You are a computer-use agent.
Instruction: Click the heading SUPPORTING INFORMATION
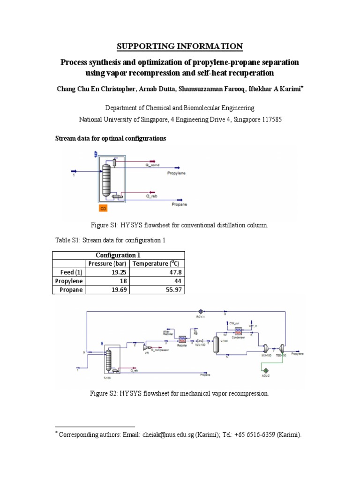point(180,46)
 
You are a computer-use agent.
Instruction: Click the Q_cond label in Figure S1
point(153,165)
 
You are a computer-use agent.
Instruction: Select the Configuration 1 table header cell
point(118,255)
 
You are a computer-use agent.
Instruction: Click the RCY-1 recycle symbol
point(200,310)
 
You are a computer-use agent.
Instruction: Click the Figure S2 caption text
point(180,394)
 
